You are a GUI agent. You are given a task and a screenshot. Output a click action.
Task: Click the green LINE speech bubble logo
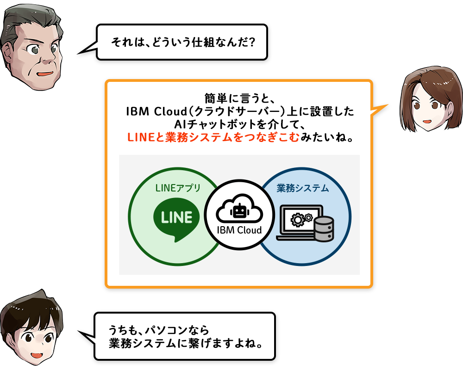(x=176, y=218)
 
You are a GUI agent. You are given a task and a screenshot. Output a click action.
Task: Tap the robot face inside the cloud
(x=239, y=211)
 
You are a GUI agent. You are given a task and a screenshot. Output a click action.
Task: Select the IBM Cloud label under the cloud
(x=239, y=230)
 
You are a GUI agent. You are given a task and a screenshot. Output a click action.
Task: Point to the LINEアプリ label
(x=178, y=188)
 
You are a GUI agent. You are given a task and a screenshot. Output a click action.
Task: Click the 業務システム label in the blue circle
(x=303, y=188)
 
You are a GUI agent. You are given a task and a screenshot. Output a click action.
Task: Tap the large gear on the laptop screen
(x=297, y=219)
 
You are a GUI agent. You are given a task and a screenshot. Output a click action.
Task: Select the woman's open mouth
(x=427, y=121)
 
